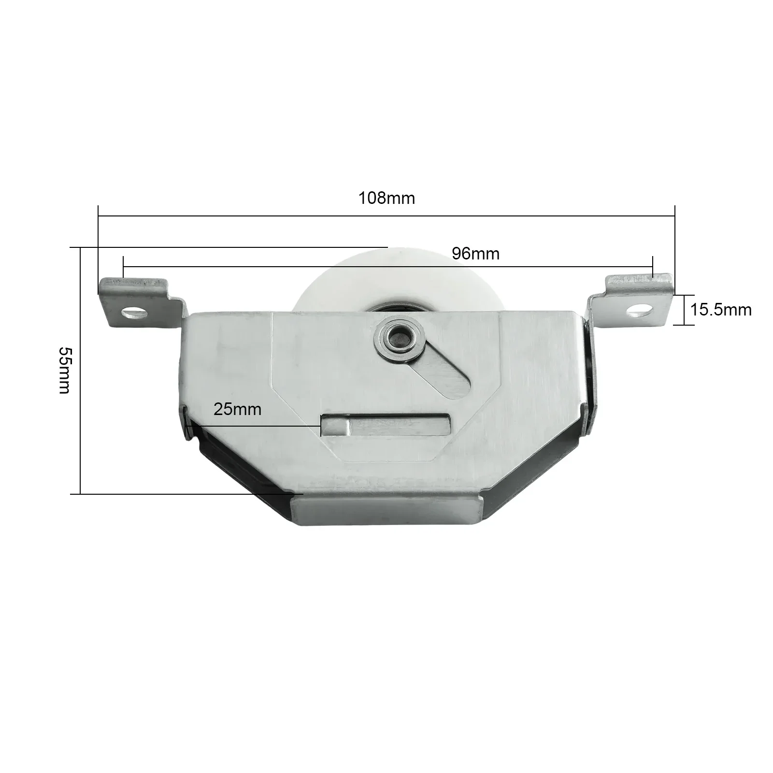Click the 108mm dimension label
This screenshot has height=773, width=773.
[386, 198]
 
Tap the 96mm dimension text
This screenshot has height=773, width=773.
[475, 254]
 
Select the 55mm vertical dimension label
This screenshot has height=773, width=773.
[64, 370]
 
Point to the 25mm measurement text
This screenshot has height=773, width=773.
[237, 409]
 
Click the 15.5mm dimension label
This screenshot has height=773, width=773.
[721, 310]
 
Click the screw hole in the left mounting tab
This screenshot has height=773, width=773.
[134, 313]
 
